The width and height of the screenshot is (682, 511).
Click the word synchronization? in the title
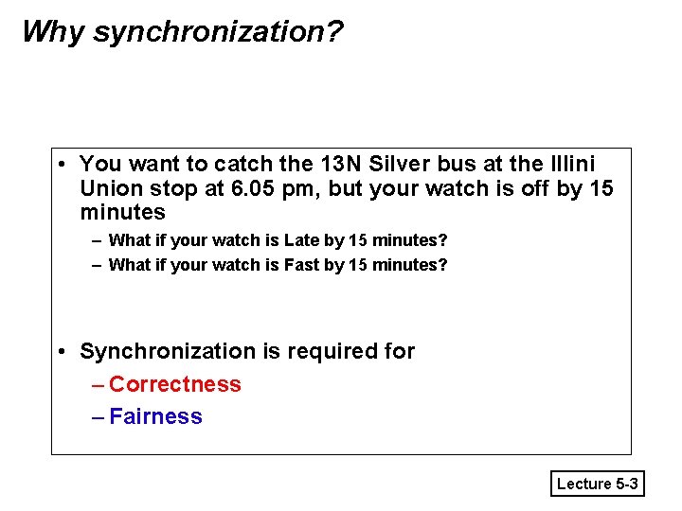click(x=219, y=32)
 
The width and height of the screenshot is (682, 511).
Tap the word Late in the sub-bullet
click(x=302, y=240)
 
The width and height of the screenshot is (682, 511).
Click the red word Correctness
click(x=175, y=384)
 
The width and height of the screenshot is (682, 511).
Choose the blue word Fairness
click(x=156, y=416)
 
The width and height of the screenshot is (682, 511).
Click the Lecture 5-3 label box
click(x=598, y=484)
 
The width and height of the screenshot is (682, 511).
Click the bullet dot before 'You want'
click(x=60, y=164)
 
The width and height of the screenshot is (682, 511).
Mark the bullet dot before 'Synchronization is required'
click(x=60, y=352)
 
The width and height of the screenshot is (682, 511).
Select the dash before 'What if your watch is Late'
click(x=97, y=240)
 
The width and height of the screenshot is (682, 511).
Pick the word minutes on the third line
click(x=123, y=212)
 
